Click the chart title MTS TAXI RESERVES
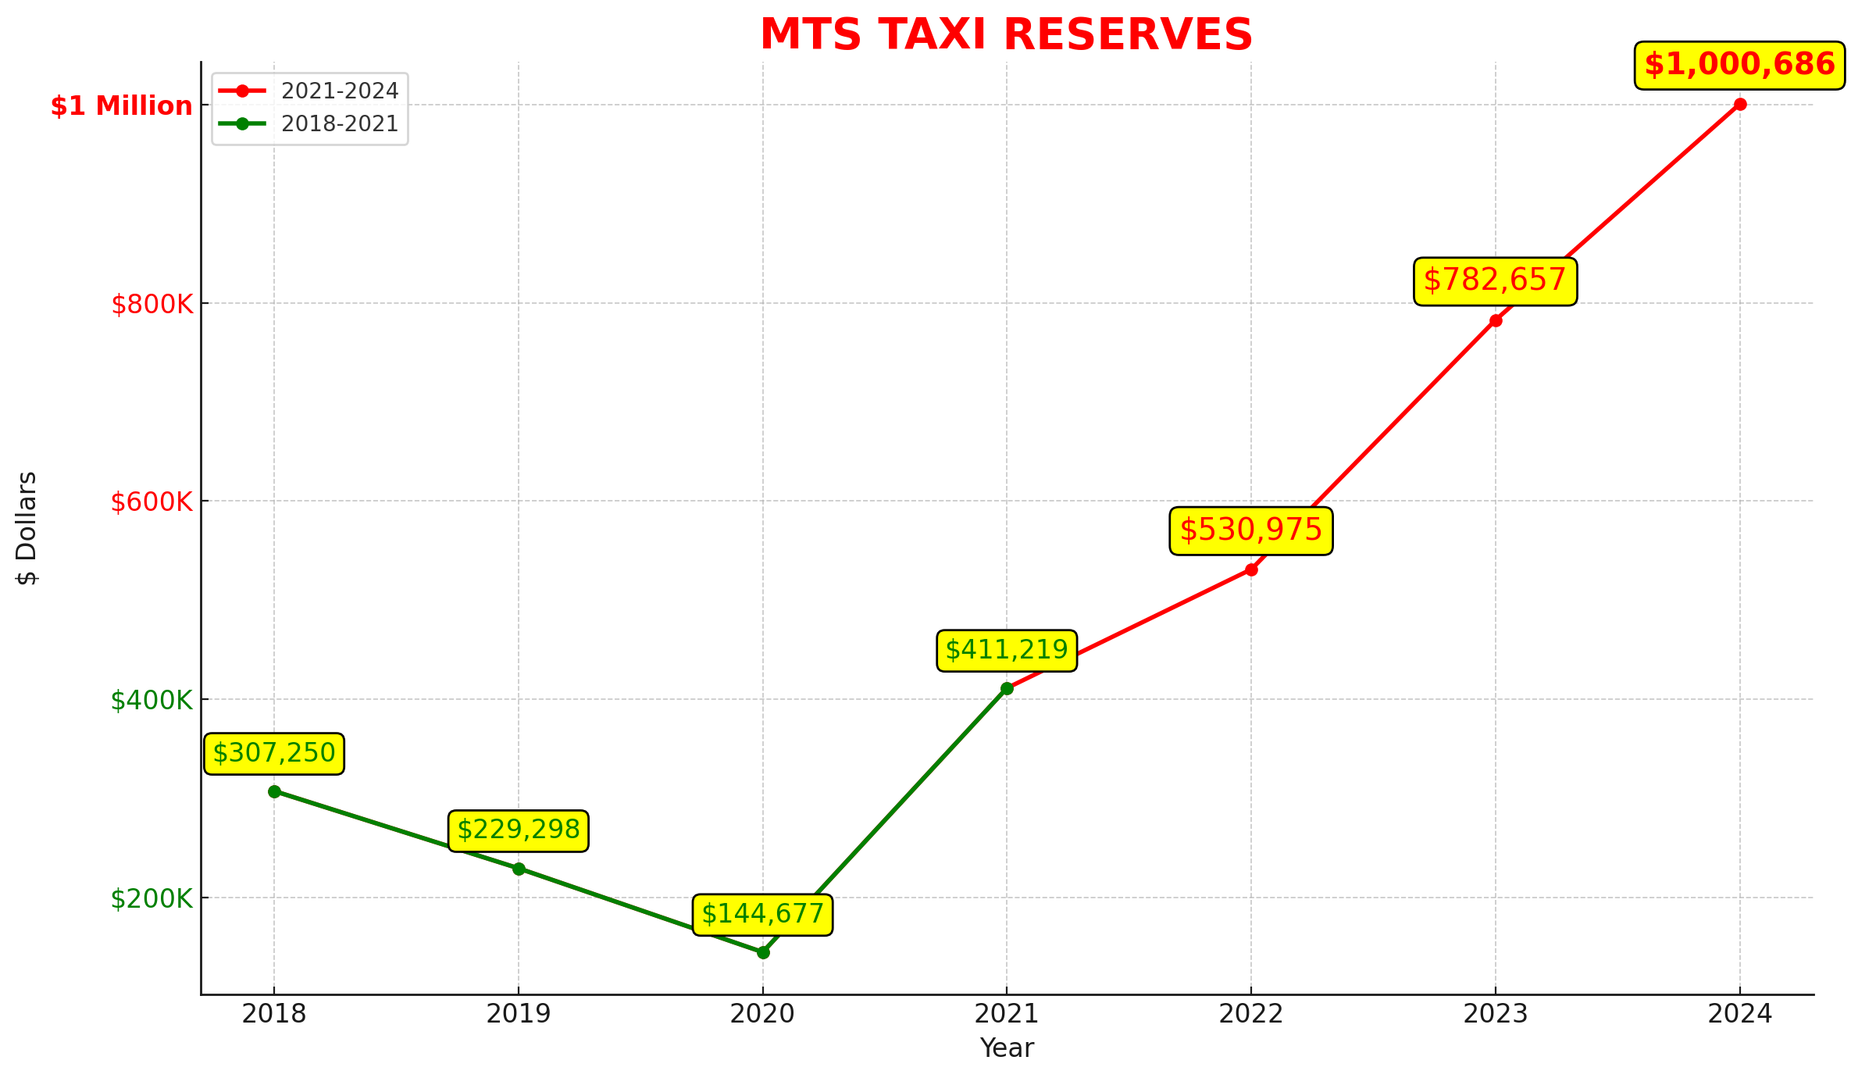click(x=1006, y=35)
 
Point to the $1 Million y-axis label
click(x=121, y=106)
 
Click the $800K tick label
click(x=152, y=305)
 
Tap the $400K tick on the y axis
click(x=152, y=701)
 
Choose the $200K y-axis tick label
click(x=152, y=899)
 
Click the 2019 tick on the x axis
click(x=518, y=1014)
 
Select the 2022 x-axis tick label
click(x=1251, y=1014)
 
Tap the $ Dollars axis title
click(x=27, y=528)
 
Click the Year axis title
click(x=1007, y=1048)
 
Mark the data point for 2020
click(x=763, y=952)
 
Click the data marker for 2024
click(x=1740, y=105)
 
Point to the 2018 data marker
click(x=274, y=791)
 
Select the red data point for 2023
click(x=1496, y=320)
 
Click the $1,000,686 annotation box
click(x=1739, y=65)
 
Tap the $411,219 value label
click(x=1006, y=650)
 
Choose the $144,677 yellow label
click(x=762, y=914)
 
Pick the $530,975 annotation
click(x=1250, y=530)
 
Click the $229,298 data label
click(x=518, y=830)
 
